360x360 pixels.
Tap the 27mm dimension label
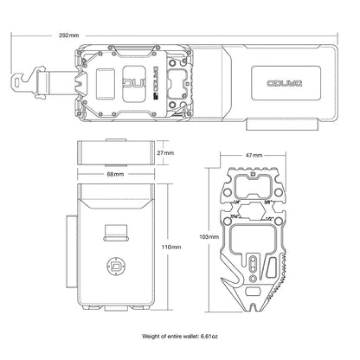point(166,152)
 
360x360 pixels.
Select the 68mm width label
point(114,174)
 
